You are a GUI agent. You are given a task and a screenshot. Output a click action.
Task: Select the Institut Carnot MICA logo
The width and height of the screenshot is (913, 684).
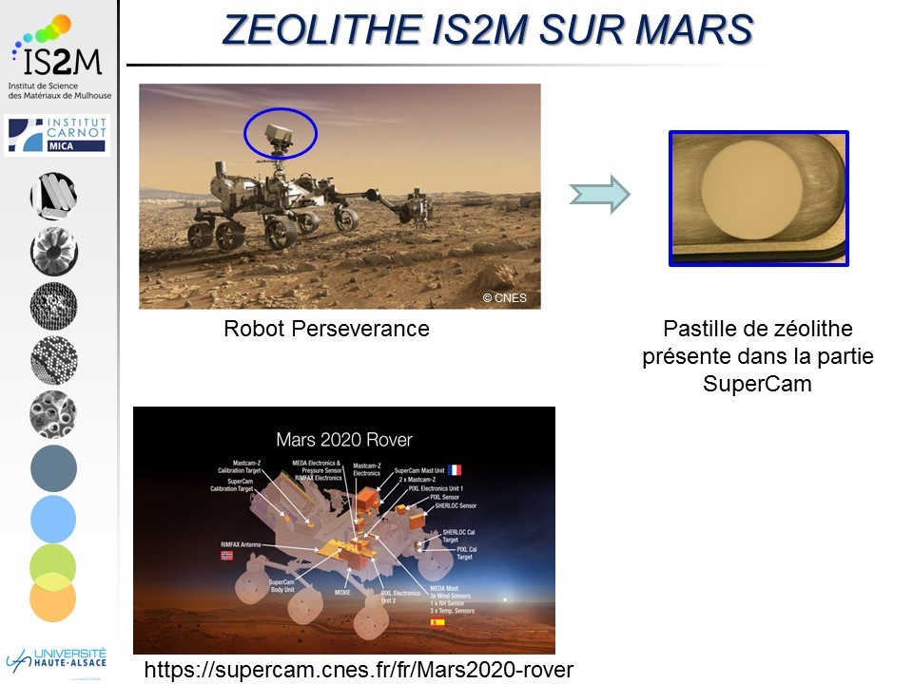58,134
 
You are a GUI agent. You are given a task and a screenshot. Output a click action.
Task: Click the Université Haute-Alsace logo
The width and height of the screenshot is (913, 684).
58,658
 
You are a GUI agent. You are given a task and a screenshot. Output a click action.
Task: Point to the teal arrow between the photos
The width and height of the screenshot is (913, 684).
599,195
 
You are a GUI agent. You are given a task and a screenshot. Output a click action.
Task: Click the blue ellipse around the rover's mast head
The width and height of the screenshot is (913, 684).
281,132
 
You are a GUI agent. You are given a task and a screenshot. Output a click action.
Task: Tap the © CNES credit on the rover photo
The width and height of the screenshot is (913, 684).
504,297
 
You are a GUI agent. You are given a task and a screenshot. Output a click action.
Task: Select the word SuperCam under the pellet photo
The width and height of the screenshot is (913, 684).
758,384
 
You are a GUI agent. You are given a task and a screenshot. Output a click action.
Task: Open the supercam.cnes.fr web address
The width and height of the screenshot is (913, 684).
359,670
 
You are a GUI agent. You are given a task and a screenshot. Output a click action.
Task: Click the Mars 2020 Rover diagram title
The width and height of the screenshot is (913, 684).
344,440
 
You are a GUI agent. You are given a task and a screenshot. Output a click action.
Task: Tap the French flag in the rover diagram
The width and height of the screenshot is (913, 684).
455,470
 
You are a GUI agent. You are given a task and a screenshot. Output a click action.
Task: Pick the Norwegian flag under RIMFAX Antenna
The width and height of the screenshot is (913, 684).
226,555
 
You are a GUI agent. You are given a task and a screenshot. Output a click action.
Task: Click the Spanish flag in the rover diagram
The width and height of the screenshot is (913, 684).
437,622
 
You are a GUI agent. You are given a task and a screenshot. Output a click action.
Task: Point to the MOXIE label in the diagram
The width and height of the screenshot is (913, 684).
341,592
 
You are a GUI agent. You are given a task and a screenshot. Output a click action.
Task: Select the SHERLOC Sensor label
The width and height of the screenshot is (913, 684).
455,505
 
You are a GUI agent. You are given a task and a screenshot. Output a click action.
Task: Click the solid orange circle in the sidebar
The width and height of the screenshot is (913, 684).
52,598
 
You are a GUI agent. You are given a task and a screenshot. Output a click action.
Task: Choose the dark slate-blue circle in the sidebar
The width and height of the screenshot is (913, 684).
53,467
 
